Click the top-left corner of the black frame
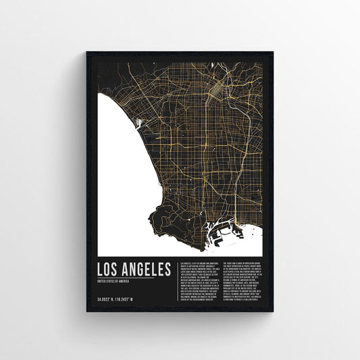pyautogui.click(x=87, y=49)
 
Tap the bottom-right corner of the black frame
pyautogui.click(x=274, y=311)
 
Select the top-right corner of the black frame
pyautogui.click(x=274, y=49)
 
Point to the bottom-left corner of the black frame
pyautogui.click(x=87, y=311)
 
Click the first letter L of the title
pyautogui.click(x=101, y=268)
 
